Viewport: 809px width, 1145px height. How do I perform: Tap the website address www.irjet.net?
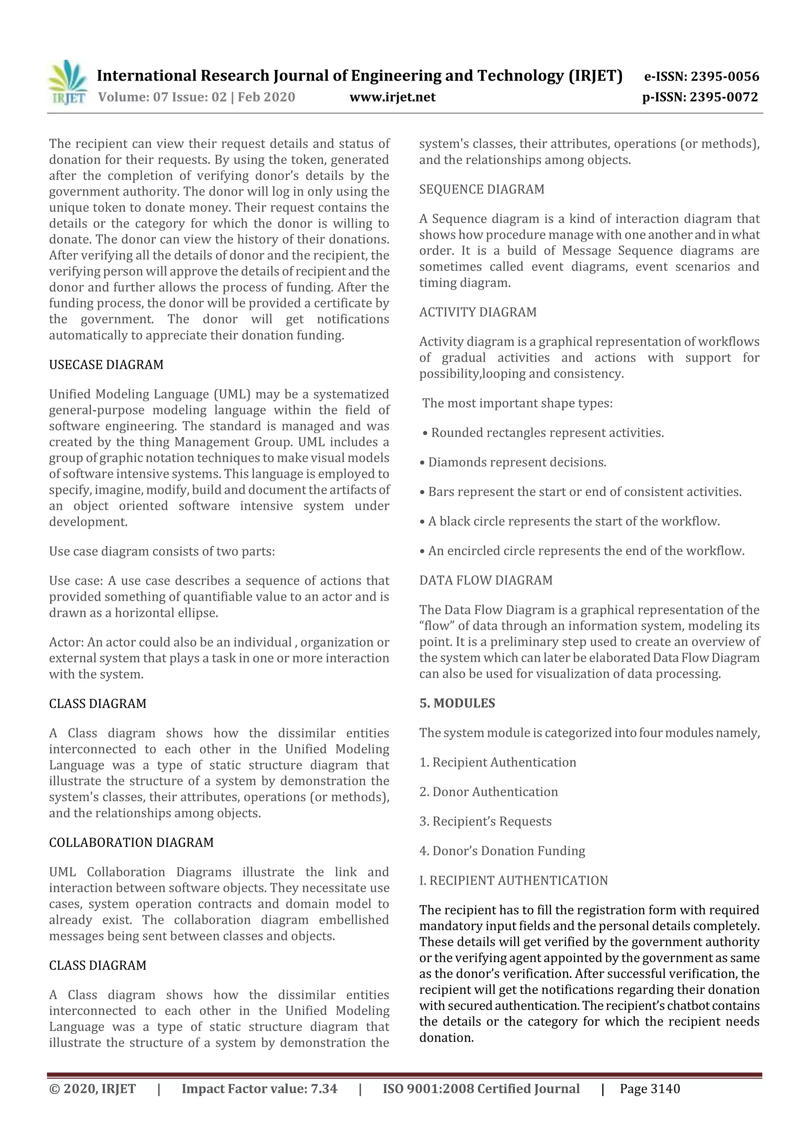(392, 97)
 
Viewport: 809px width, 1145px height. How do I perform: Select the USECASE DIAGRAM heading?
(106, 364)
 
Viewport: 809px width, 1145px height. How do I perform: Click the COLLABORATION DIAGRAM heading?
(131, 842)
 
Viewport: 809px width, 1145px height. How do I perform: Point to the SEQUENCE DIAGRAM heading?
(482, 189)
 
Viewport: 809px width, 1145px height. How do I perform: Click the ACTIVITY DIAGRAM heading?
(478, 312)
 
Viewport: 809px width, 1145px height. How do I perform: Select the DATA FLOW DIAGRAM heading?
(485, 581)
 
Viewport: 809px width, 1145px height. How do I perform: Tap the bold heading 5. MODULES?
(457, 703)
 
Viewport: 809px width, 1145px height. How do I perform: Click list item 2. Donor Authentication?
(489, 792)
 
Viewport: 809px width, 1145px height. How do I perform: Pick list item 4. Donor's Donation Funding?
(502, 851)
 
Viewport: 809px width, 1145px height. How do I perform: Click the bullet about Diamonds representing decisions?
(513, 462)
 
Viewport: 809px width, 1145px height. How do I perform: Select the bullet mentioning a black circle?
(570, 522)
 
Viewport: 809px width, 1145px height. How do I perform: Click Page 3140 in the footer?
(649, 1088)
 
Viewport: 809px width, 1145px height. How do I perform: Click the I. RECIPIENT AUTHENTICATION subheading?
(514, 881)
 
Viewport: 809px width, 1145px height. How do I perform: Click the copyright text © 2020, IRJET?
(92, 1088)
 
